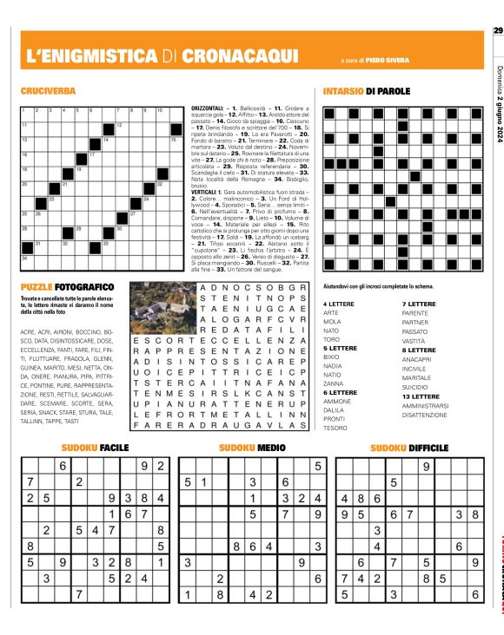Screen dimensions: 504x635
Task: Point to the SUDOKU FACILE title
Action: pyautogui.click(x=94, y=448)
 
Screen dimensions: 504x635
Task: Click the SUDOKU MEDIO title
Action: pyautogui.click(x=251, y=448)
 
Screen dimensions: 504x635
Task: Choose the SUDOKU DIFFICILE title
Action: pyautogui.click(x=408, y=448)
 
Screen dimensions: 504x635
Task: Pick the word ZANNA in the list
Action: pyautogui.click(x=334, y=383)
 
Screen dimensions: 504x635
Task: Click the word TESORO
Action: pyautogui.click(x=335, y=428)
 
